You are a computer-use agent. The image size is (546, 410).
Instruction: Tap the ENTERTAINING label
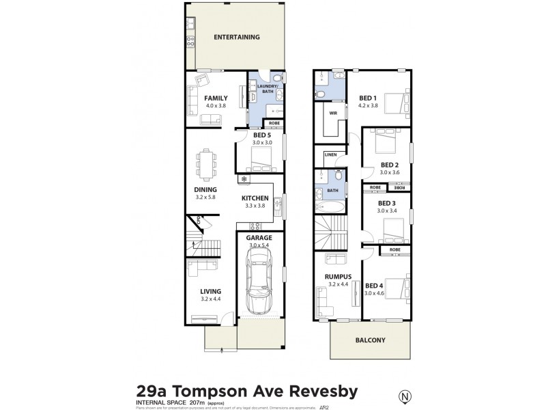pos(236,37)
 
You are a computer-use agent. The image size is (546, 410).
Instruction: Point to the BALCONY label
pos(370,340)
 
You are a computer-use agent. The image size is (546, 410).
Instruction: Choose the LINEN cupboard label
pos(330,154)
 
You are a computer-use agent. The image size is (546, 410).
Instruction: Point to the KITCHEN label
pos(255,198)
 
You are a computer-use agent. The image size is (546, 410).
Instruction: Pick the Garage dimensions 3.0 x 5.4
pos(260,245)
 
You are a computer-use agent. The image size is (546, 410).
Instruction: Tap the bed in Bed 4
pos(397,286)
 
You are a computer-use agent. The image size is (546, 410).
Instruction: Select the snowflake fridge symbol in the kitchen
pos(243,179)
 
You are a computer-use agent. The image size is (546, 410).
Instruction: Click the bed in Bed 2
pos(386,143)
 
